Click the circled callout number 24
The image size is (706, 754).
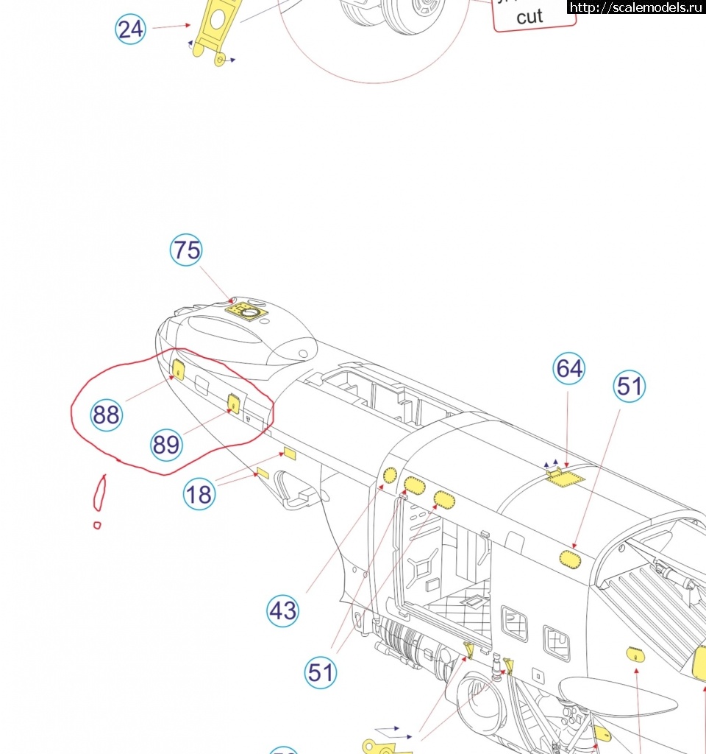(131, 29)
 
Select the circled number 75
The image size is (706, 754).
(186, 250)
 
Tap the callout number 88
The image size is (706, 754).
(106, 415)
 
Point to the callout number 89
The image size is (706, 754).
(166, 445)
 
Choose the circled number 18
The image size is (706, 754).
(199, 494)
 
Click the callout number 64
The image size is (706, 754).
(569, 368)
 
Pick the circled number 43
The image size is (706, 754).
(282, 611)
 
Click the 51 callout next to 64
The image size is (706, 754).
(630, 387)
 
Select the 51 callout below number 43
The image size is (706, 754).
(321, 673)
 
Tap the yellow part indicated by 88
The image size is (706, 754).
(178, 368)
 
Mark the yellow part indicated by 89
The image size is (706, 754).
(234, 403)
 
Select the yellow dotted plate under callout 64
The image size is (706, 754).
(566, 479)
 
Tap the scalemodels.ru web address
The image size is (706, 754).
(636, 7)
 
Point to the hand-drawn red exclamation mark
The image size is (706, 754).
(99, 497)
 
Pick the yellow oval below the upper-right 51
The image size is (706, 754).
(570, 559)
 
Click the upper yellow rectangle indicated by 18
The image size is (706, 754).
(288, 454)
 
